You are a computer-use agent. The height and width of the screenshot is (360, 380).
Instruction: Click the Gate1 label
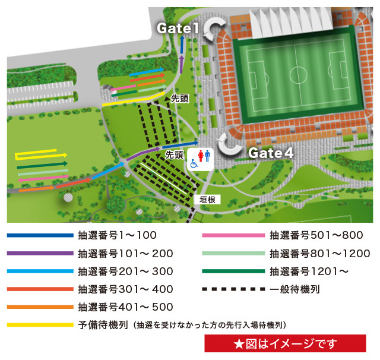[178, 28]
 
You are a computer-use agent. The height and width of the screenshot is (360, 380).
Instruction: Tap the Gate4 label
[271, 153]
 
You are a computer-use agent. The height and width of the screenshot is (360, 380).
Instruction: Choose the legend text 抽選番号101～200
[126, 254]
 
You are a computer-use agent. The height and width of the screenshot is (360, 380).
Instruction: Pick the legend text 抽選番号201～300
[126, 271]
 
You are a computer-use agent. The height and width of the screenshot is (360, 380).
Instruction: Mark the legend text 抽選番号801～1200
[320, 254]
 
